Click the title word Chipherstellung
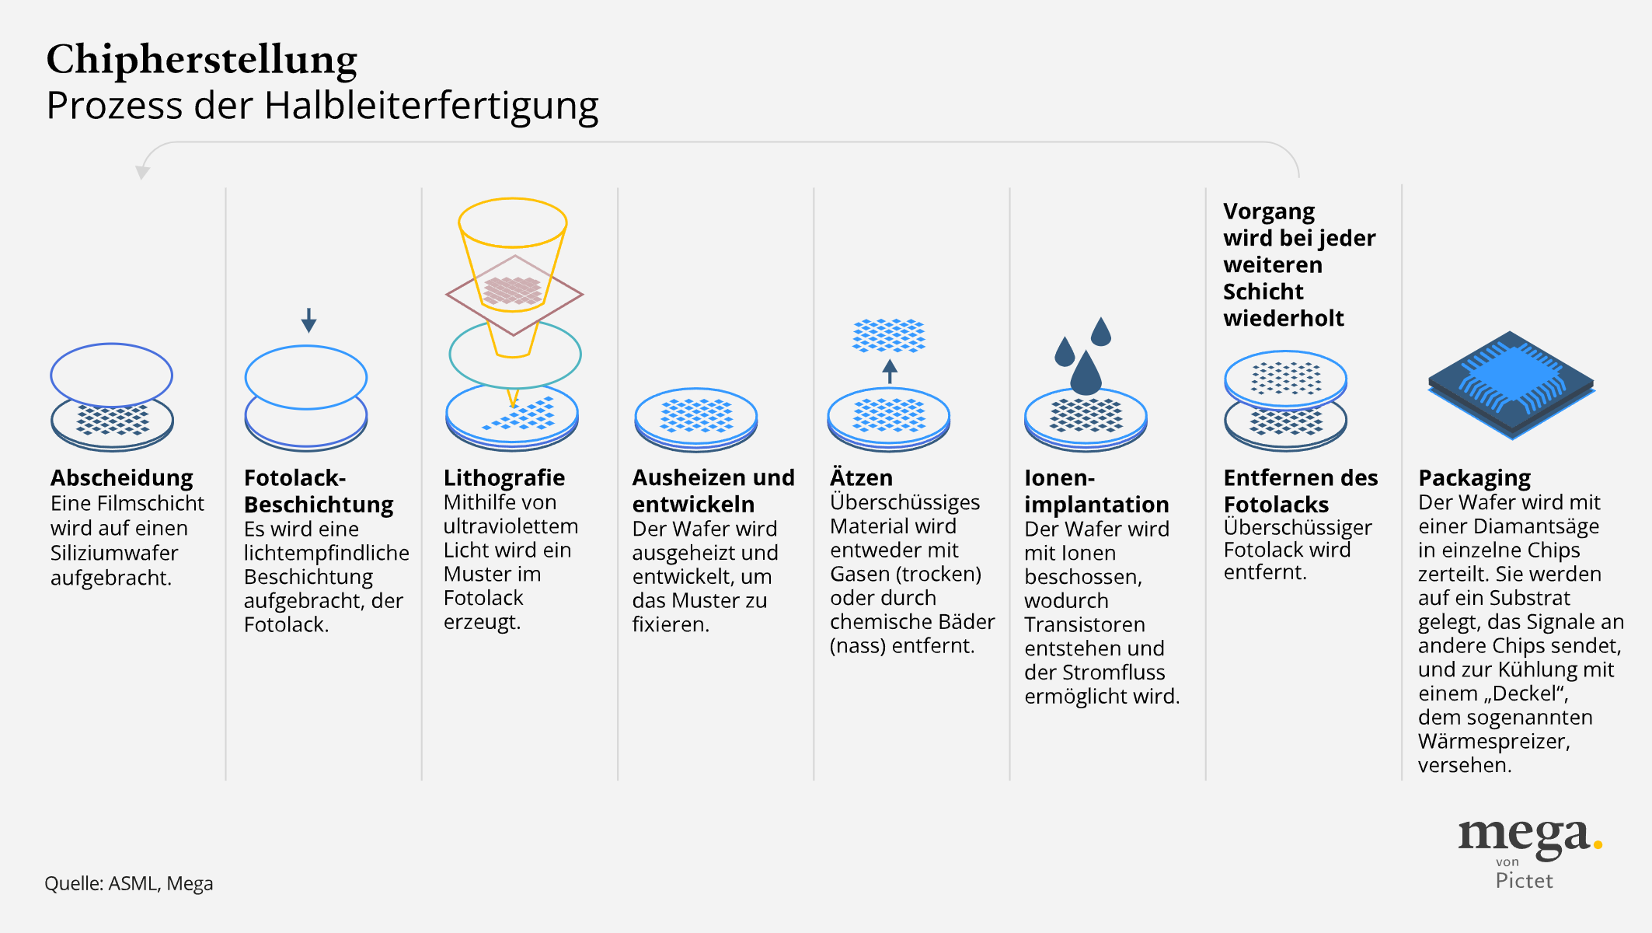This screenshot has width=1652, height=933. [x=202, y=60]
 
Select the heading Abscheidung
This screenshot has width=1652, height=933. [x=122, y=477]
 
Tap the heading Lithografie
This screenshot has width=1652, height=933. [x=504, y=477]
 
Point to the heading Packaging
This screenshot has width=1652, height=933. [x=1474, y=478]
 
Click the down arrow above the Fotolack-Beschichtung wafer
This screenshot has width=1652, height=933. [x=308, y=320]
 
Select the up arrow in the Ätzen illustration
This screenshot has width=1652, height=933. [x=890, y=371]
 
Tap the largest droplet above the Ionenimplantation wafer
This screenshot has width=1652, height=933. [x=1086, y=372]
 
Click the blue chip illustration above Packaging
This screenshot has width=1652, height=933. [x=1511, y=385]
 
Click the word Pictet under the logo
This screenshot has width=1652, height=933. [x=1524, y=881]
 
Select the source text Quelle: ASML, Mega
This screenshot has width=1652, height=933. [x=128, y=883]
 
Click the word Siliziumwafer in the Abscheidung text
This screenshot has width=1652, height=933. [x=114, y=553]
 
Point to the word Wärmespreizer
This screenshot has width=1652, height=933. [x=1493, y=742]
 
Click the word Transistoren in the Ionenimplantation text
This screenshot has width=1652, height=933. [x=1085, y=624]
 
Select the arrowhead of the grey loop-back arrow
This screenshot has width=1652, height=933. [x=142, y=172]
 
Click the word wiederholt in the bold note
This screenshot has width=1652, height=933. [x=1284, y=318]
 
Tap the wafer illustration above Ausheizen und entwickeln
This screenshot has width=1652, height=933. [x=696, y=419]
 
